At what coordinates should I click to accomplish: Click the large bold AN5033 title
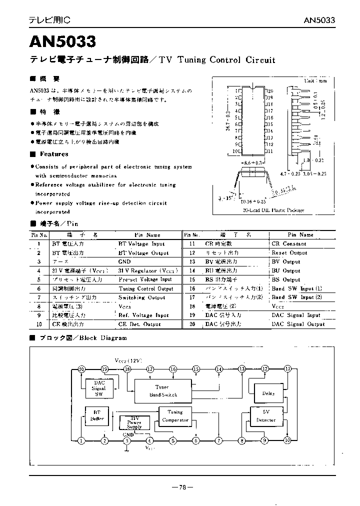tap(62, 39)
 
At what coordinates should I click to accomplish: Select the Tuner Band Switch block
tap(162, 390)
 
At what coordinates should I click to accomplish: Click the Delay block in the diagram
tap(268, 393)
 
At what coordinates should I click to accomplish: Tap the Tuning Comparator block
tap(175, 416)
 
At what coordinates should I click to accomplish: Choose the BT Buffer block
tap(97, 416)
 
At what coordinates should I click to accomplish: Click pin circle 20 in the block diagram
tap(82, 369)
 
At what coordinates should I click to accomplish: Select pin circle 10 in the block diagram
tap(287, 440)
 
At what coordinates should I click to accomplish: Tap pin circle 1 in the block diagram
tap(82, 440)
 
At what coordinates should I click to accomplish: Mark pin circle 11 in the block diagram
tap(287, 369)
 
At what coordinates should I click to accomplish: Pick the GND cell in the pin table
tap(124, 261)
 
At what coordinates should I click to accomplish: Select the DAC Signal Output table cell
tap(297, 324)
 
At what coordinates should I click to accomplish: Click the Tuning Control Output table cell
tap(146, 288)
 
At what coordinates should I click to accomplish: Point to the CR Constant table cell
tap(288, 243)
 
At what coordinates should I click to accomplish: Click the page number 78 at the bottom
tap(181, 487)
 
